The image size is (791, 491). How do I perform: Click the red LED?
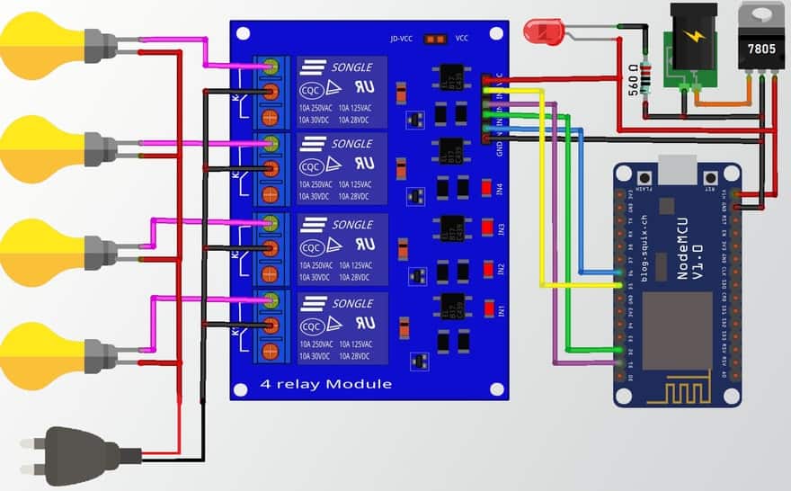545,32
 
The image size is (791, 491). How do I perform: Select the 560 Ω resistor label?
634,80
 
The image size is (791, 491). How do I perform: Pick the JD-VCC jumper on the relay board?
436,39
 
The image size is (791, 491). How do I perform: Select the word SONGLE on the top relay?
351,67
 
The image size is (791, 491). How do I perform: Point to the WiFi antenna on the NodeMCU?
678,387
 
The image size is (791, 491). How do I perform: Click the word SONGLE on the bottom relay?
351,303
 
